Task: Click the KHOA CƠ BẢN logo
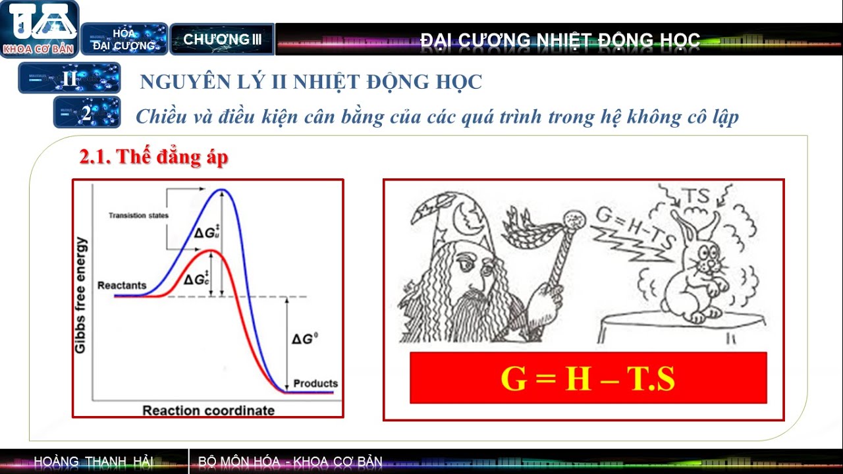(x=40, y=29)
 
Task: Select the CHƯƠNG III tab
(x=222, y=39)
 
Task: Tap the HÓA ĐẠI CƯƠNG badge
(x=124, y=39)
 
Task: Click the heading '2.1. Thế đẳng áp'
(x=153, y=157)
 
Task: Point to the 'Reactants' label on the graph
(x=122, y=286)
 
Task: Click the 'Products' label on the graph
(x=315, y=383)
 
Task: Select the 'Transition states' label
(x=138, y=215)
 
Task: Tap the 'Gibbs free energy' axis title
(x=80, y=295)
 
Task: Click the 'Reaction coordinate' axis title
(x=208, y=411)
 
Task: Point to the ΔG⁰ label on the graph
(x=306, y=339)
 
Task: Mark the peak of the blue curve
(x=223, y=190)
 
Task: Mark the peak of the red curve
(x=209, y=251)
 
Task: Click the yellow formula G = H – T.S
(x=587, y=379)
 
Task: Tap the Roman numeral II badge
(x=70, y=78)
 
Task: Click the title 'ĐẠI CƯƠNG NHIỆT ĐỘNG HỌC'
(x=560, y=40)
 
